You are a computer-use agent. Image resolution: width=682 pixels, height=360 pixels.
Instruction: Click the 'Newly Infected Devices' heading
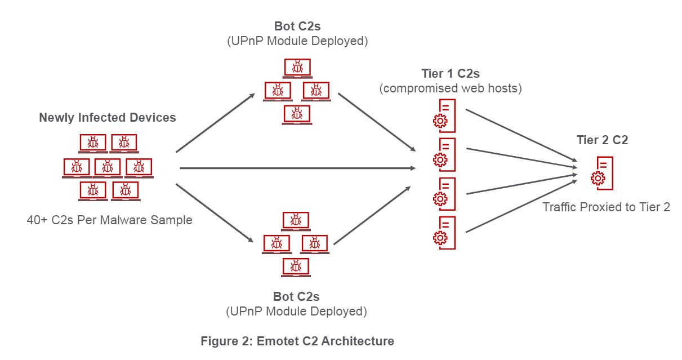[107, 118]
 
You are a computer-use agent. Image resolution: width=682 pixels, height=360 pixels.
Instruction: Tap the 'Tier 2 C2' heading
[602, 140]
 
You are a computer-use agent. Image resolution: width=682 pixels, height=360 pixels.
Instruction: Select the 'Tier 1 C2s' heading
[450, 74]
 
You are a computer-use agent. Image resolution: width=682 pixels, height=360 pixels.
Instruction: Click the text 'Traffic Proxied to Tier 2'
[606, 207]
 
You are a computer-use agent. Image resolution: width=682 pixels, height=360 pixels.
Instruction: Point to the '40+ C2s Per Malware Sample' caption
[109, 220]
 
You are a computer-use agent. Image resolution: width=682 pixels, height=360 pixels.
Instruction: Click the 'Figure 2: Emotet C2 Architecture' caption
[297, 341]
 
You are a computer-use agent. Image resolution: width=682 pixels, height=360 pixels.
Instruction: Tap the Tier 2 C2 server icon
[601, 174]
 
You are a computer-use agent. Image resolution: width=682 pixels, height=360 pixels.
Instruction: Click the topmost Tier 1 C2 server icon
[444, 115]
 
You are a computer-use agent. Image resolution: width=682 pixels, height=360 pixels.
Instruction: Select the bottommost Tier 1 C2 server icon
[444, 232]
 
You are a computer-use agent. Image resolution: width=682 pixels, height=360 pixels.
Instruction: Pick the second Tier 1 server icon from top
[444, 154]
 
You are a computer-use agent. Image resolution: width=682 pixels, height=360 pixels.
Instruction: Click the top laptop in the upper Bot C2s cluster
[296, 68]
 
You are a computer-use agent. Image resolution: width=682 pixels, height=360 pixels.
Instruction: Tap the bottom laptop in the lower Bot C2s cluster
[296, 266]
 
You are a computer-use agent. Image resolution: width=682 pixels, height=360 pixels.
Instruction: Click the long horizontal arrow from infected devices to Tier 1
[297, 168]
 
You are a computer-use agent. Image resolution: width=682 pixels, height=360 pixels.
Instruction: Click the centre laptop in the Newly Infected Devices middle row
[107, 167]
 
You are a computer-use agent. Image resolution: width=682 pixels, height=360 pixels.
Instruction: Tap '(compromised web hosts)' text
[450, 88]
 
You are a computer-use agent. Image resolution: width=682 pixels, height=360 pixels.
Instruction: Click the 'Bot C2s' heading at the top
[296, 26]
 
